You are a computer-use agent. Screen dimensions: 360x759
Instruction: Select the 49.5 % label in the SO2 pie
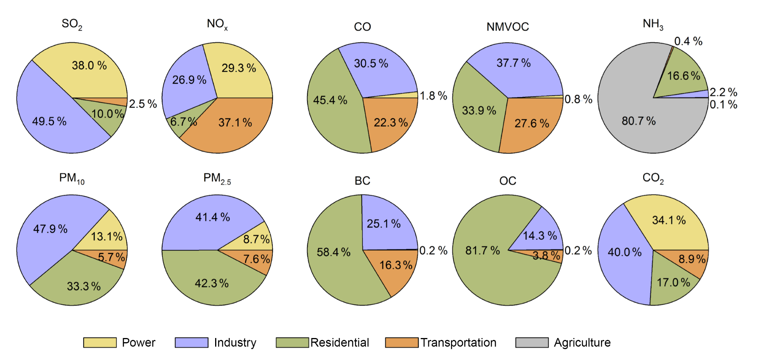tap(49, 121)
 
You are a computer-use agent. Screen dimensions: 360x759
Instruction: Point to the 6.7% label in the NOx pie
tap(183, 122)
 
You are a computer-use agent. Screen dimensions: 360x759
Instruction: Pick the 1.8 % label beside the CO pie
tap(433, 96)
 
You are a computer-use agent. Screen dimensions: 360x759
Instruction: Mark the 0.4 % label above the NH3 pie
tap(688, 41)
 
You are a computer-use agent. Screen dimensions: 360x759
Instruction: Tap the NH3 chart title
tap(653, 24)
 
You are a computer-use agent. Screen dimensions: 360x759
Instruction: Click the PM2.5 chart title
tap(217, 178)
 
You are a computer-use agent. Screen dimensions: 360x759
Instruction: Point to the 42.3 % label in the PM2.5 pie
tap(212, 283)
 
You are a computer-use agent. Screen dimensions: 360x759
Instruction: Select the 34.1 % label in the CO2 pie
tap(669, 220)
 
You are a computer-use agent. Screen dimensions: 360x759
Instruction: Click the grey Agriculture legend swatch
tap(532, 343)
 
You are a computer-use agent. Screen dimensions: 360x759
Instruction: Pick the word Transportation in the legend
tap(458, 343)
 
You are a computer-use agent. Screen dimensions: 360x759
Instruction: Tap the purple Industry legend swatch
tap(191, 343)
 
